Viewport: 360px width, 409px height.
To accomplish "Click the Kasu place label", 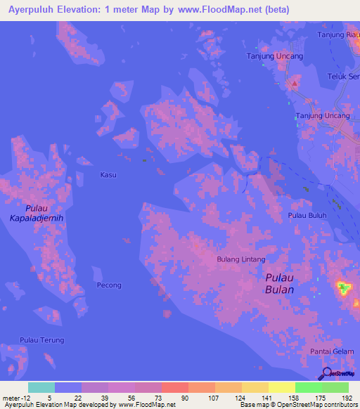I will pos(108,174).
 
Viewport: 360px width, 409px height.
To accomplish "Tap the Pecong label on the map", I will pos(109,285).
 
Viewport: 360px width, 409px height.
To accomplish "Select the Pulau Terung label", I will pos(42,340).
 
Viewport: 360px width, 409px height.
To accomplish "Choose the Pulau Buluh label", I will pos(307,216).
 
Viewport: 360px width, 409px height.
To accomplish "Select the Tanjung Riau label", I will pos(339,34).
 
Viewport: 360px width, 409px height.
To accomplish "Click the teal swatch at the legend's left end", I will pos(41,387).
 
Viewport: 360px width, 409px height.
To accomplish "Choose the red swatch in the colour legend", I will pos(174,387).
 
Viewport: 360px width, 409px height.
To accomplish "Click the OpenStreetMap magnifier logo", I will pos(326,374).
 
